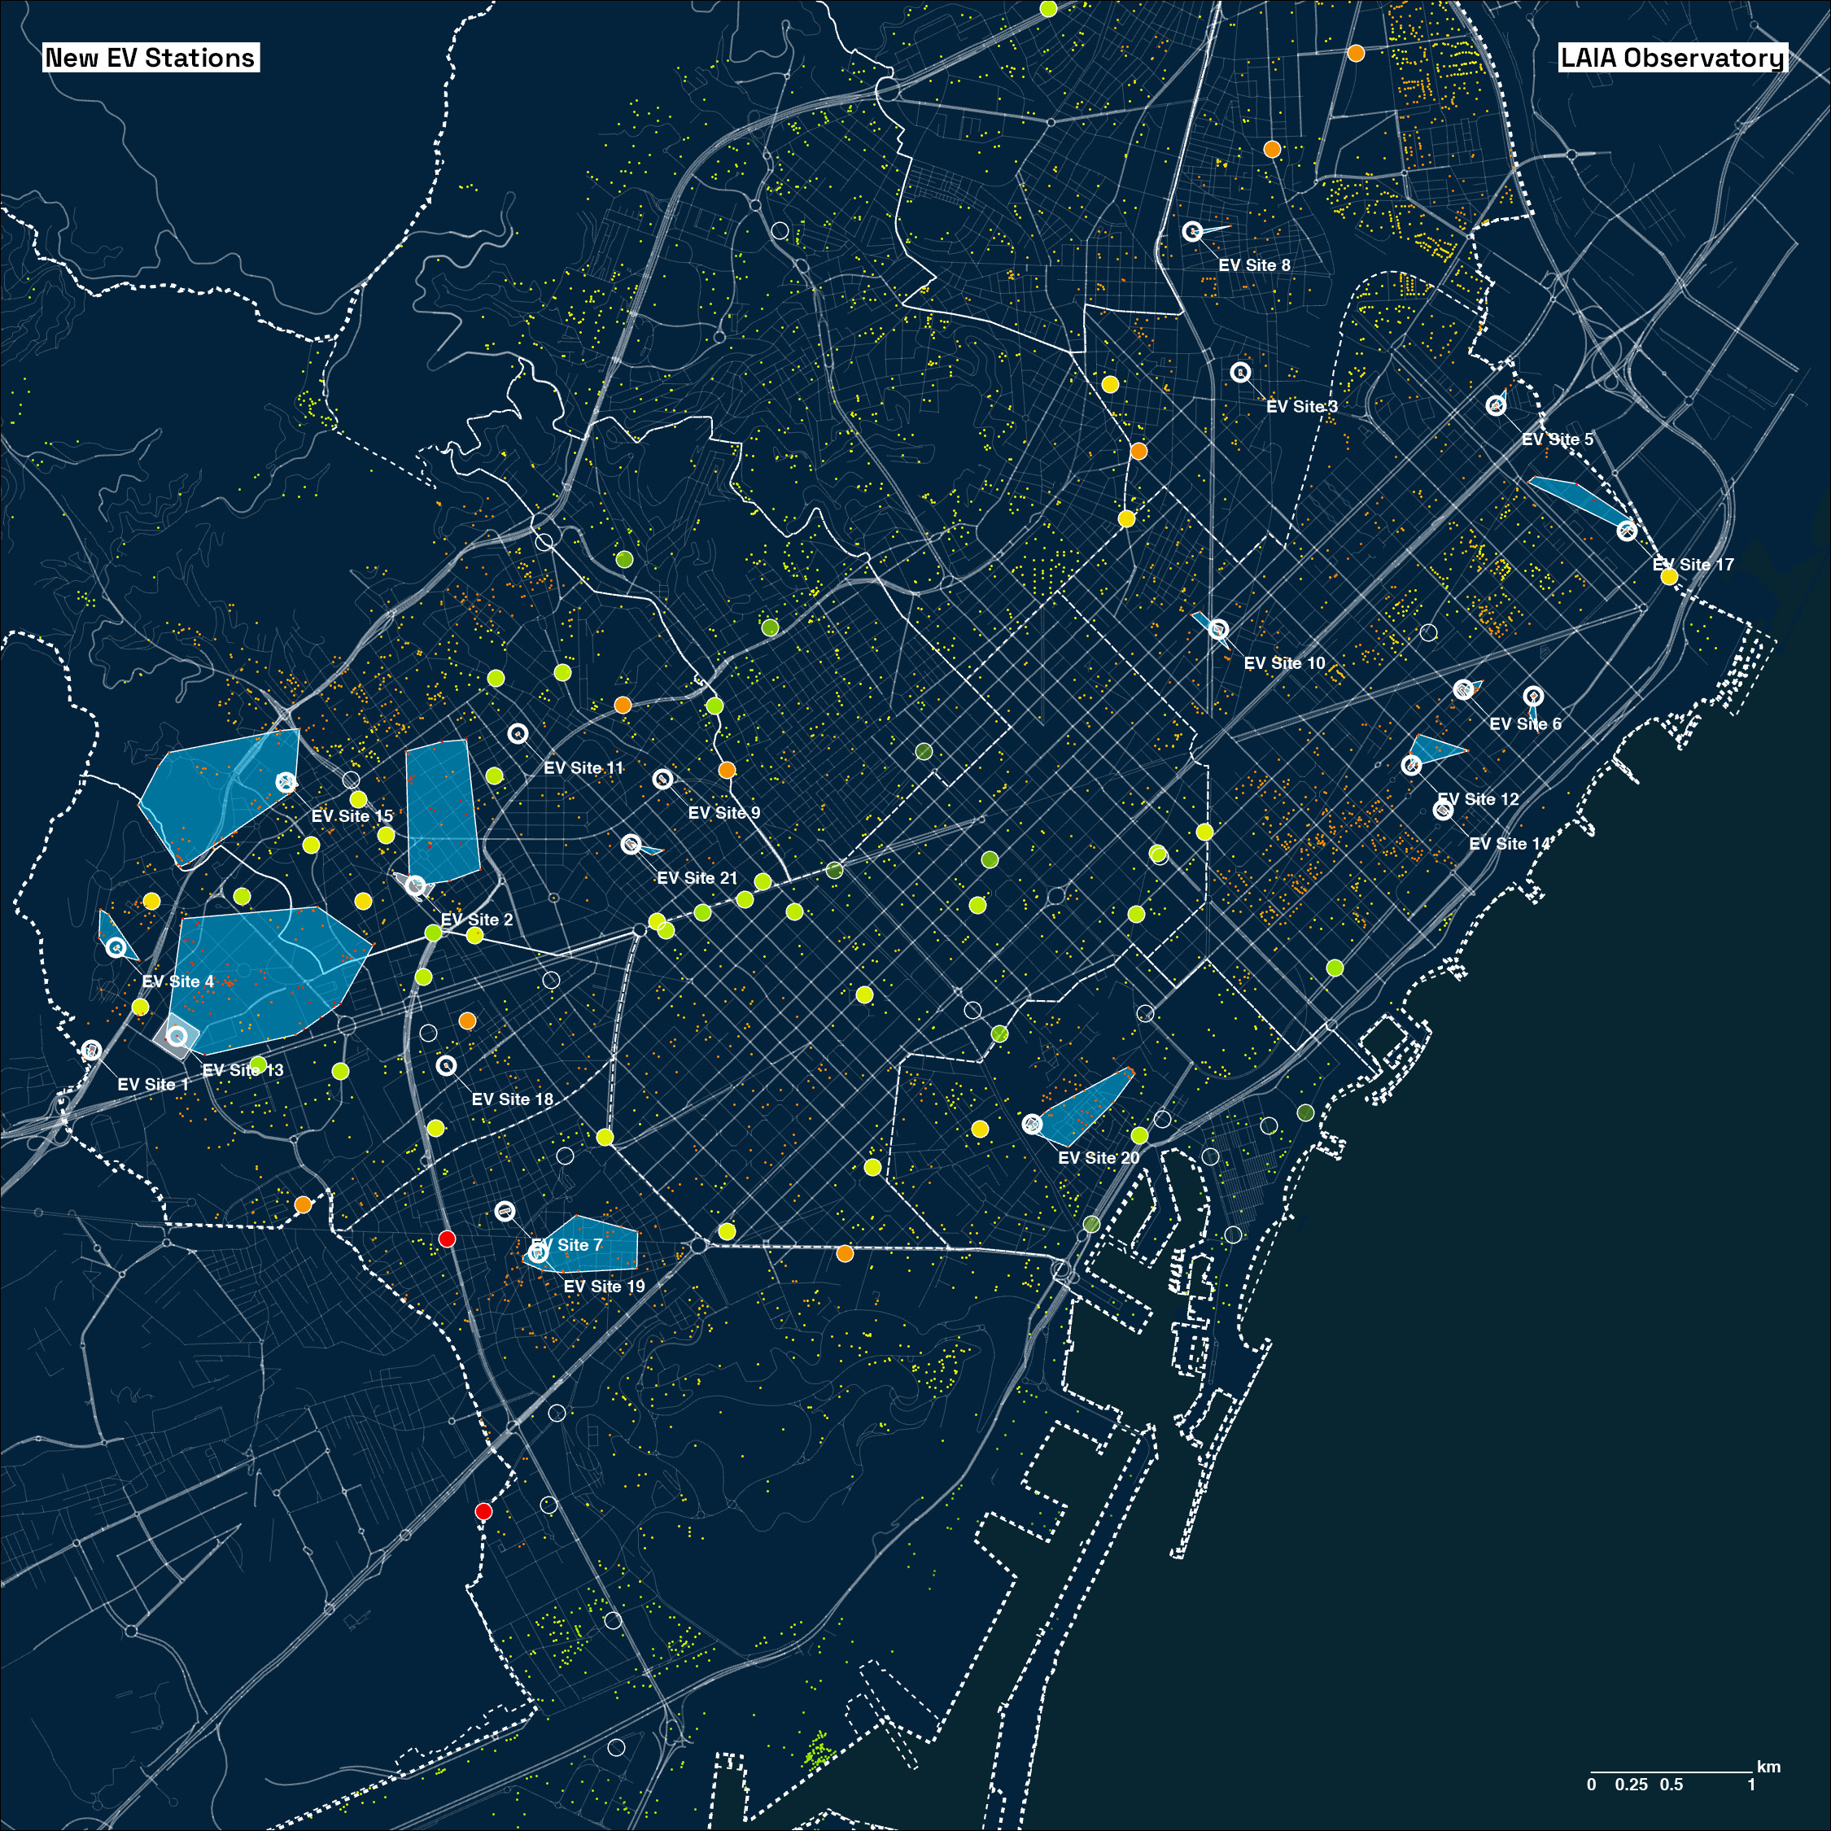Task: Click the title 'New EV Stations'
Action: (151, 58)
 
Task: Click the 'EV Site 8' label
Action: (1254, 265)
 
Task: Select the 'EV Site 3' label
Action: (1301, 407)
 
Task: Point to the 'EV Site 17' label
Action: (1693, 565)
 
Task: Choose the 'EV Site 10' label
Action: (1284, 663)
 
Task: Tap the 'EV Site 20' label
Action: (1099, 1158)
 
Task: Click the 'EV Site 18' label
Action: (512, 1099)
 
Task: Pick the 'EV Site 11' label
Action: (583, 768)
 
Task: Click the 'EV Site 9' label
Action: (724, 813)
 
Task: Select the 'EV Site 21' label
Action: (697, 879)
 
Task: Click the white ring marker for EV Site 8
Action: (1192, 230)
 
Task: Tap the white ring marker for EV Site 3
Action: (1240, 373)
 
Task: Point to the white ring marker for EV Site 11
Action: (518, 733)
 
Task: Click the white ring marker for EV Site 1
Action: (91, 1050)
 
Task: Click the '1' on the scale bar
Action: (1750, 1785)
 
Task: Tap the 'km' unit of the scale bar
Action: (1768, 1767)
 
